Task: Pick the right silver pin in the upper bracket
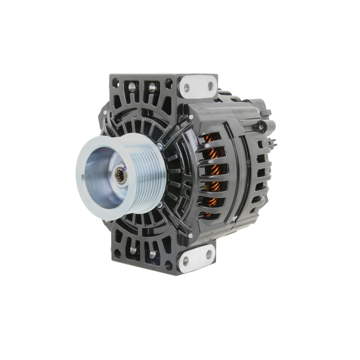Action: click(152, 86)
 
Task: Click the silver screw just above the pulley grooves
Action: click(159, 146)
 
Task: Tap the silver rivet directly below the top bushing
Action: click(191, 117)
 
